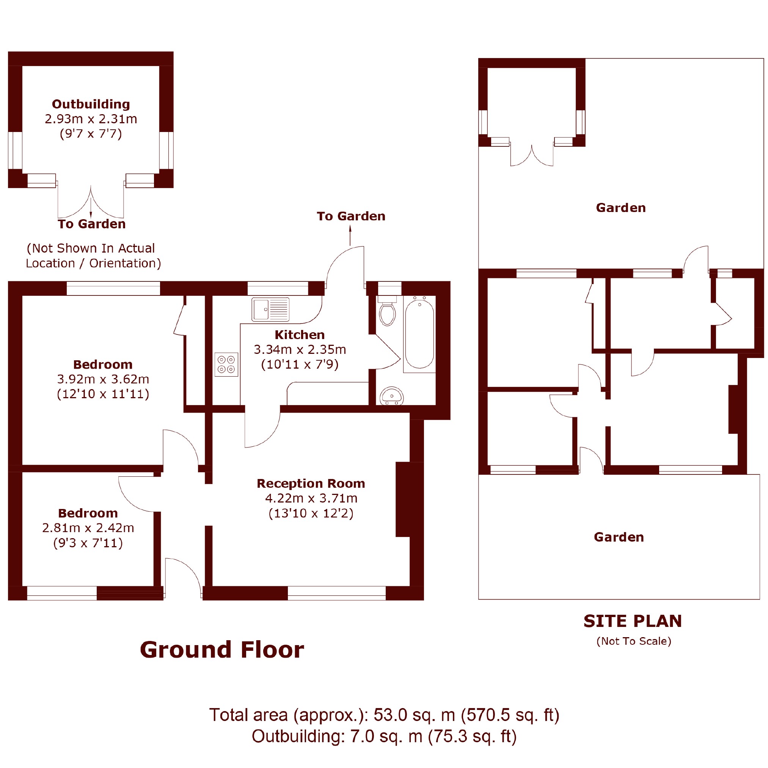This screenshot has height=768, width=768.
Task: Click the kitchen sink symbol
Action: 270,309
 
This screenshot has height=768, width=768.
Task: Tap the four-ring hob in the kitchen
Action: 226,364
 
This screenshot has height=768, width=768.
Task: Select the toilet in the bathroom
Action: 387,311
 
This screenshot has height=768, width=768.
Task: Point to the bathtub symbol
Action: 419,334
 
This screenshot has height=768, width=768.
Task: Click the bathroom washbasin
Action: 391,396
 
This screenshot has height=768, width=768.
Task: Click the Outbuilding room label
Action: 91,104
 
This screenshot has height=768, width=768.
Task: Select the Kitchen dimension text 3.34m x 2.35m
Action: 300,349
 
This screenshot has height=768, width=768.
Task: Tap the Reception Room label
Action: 311,484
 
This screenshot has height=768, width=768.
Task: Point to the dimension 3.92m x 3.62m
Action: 103,379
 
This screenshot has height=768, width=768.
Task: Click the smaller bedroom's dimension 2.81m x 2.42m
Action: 88,528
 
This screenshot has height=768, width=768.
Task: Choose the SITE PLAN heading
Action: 633,621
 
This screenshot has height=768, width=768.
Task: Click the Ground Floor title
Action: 222,650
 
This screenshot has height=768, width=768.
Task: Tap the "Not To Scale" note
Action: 634,641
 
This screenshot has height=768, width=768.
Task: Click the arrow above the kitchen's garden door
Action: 350,235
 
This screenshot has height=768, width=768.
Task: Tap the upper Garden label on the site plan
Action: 621,208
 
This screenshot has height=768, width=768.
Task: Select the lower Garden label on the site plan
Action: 619,537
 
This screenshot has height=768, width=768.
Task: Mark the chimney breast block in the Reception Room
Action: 403,499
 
